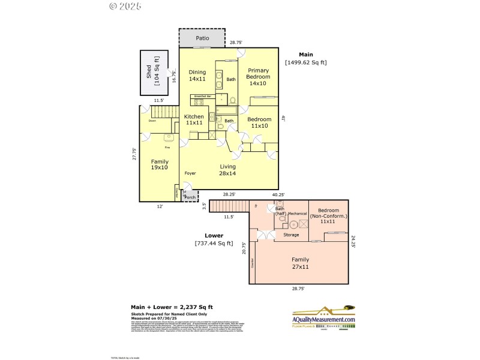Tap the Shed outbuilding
pos(154,72)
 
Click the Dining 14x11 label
pos(197,75)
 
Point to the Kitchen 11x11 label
pos(194,119)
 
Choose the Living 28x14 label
pos(227,170)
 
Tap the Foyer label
pos(190,173)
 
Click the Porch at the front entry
pos(190,196)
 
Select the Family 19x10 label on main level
pos(160,165)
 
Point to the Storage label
pos(292,235)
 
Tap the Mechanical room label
pos(298,214)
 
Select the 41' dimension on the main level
pos(283,119)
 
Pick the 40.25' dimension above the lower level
pos(278,194)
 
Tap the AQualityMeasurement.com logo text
pos(324,320)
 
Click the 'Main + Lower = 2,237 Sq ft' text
pos(172,307)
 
